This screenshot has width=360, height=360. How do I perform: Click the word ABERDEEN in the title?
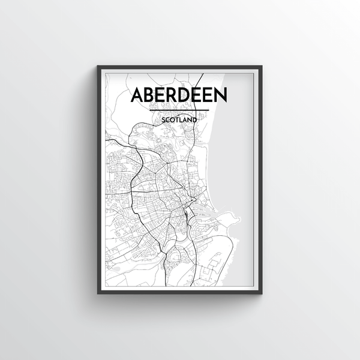(x=179, y=96)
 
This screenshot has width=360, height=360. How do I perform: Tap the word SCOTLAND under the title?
(x=179, y=119)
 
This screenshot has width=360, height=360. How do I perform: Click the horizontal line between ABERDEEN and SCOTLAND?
(x=179, y=110)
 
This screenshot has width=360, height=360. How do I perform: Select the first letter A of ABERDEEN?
(x=138, y=96)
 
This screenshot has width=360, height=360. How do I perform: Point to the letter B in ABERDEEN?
(x=152, y=96)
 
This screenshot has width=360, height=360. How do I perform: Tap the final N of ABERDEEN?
(x=221, y=96)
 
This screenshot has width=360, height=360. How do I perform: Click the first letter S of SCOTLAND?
(x=163, y=119)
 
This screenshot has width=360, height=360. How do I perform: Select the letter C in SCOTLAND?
(x=167, y=119)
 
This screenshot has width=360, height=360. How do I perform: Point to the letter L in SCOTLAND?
(x=181, y=119)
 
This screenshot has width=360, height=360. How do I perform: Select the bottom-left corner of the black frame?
(x=95, y=295)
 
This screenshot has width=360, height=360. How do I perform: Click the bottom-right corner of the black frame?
(x=265, y=295)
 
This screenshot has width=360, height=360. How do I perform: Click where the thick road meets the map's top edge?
(x=202, y=74)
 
